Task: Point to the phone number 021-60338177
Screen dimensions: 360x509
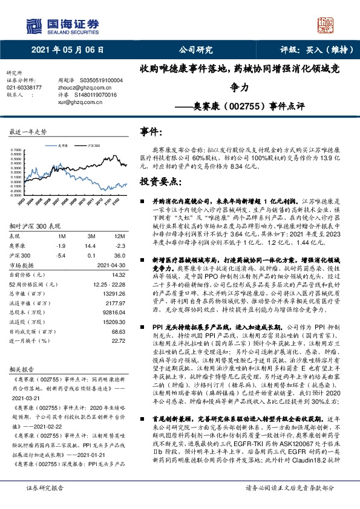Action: [24, 87]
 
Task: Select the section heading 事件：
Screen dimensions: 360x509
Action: [152, 131]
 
